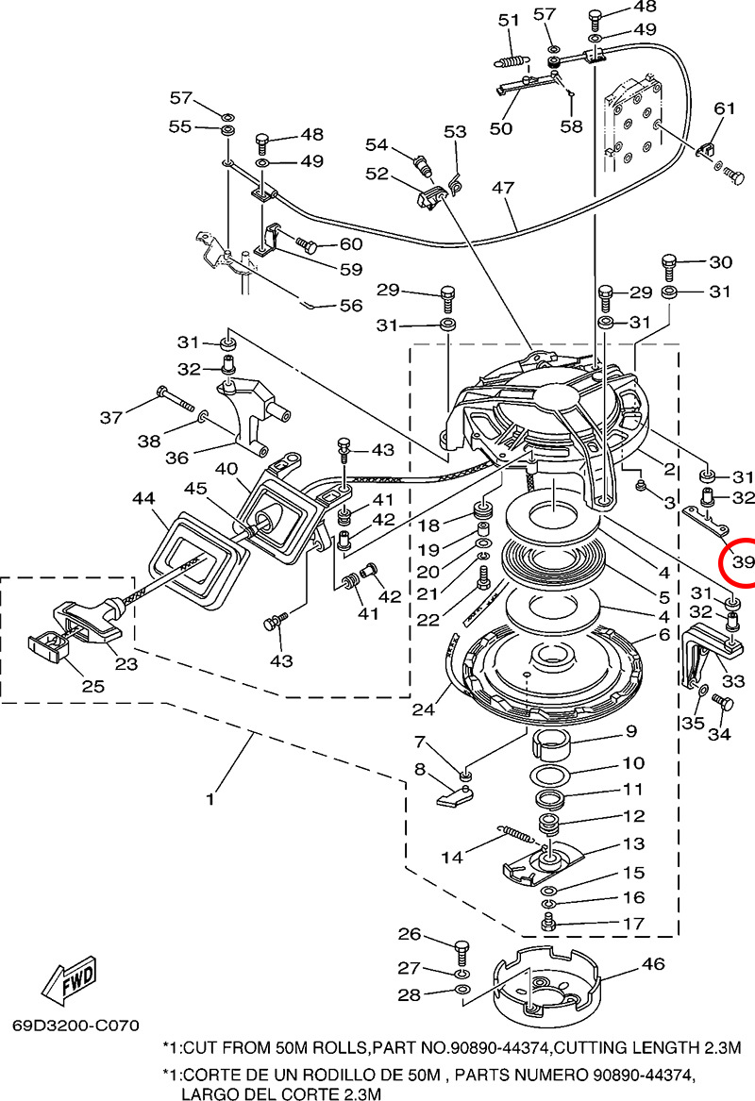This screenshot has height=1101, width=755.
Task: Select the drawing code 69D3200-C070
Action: pos(75,1025)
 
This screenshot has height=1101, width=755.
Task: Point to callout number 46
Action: pos(652,963)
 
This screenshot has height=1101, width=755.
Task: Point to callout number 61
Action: pos(723,108)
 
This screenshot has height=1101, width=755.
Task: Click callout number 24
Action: pos(425,709)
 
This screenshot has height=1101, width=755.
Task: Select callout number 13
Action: pos(632,843)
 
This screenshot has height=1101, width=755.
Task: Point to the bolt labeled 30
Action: pos(670,264)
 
